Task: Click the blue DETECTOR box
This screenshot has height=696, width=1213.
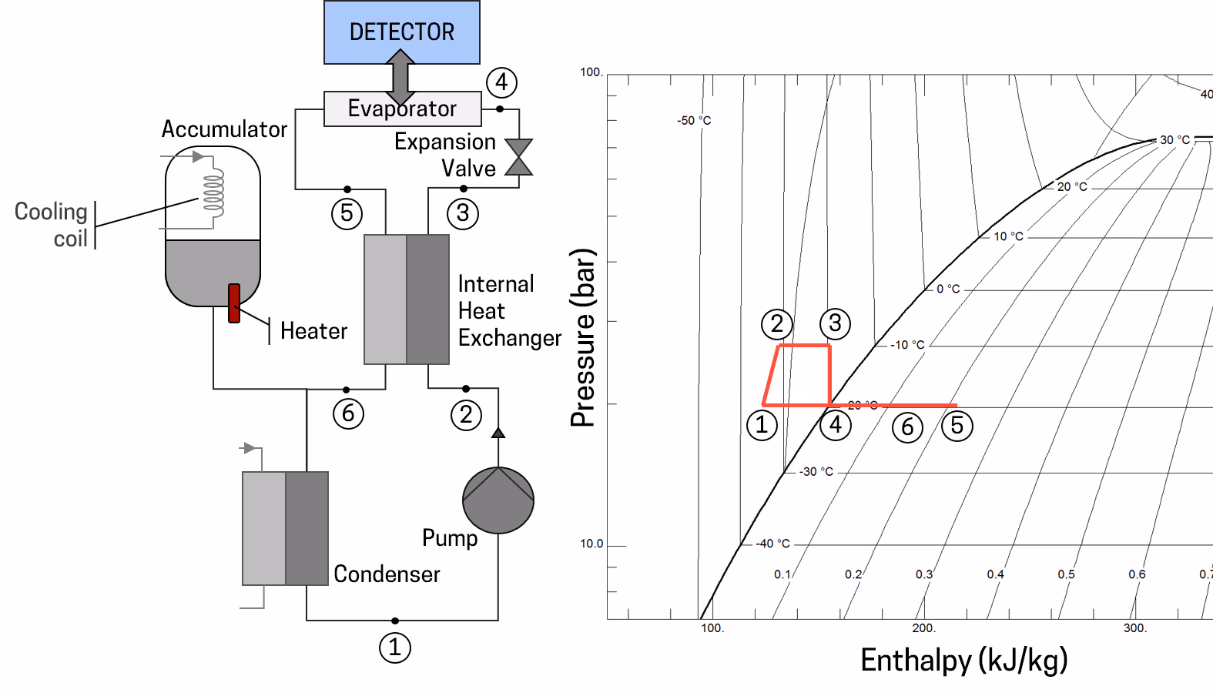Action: tap(401, 32)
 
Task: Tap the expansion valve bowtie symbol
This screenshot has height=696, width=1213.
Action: tap(518, 157)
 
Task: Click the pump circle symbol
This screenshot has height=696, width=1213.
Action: tap(498, 500)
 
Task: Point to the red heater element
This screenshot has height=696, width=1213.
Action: tap(234, 303)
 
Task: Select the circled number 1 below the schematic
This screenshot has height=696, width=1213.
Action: tap(395, 647)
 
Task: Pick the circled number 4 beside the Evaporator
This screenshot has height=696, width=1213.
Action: tap(501, 82)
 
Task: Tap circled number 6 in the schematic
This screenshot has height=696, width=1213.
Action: tap(348, 413)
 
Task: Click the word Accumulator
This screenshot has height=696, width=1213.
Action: tap(224, 129)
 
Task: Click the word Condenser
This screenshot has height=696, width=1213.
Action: tap(387, 574)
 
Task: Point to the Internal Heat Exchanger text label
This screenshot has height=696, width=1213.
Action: tap(509, 311)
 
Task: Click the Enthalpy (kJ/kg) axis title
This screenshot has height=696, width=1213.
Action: tap(963, 661)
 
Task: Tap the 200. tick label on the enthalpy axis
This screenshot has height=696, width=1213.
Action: tap(923, 628)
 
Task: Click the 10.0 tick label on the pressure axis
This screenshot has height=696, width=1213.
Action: tap(591, 544)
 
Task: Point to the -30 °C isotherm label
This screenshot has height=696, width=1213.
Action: tap(816, 471)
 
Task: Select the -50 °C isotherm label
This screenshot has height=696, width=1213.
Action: tap(694, 120)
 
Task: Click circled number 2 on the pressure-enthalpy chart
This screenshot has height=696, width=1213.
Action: tap(776, 323)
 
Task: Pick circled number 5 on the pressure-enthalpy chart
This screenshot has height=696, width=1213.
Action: tap(957, 425)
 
